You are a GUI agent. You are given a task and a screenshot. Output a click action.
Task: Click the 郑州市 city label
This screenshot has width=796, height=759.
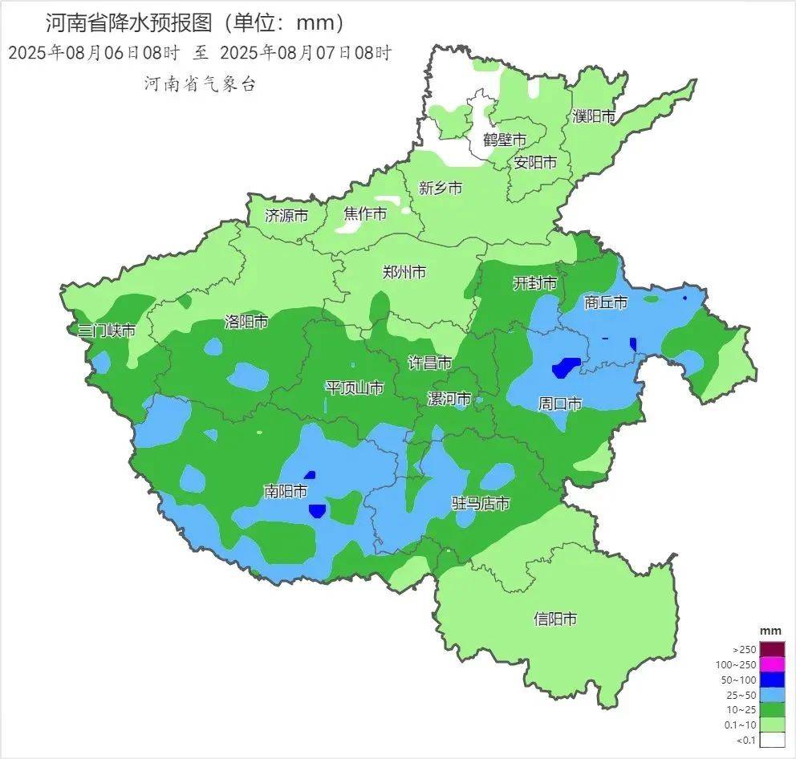[404, 272]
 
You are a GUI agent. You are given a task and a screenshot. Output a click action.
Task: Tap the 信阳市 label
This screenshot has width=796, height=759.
[555, 619]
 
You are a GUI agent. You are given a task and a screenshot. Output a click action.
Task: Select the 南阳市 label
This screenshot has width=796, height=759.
[286, 491]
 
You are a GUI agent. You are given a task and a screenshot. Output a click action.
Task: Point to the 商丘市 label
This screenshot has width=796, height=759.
[606, 302]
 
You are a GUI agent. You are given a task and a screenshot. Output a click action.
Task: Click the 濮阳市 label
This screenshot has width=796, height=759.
[594, 116]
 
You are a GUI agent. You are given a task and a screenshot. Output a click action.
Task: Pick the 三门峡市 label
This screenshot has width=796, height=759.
[106, 331]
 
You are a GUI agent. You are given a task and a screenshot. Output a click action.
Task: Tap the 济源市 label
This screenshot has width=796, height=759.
[286, 216]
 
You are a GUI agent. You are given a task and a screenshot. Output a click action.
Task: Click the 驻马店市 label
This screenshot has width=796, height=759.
[481, 504]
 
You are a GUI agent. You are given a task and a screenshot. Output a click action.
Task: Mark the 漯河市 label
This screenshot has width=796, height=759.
[449, 399]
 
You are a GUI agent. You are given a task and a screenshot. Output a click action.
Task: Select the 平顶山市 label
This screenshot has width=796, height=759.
[354, 388]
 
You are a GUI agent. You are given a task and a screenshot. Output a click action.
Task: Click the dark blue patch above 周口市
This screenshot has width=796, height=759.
[566, 367]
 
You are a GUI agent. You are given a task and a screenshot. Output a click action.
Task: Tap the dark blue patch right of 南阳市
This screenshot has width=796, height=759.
[317, 510]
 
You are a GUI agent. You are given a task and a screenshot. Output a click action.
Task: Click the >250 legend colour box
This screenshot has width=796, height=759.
[772, 649]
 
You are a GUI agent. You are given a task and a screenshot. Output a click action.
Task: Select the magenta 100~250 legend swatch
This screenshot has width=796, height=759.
[772, 664]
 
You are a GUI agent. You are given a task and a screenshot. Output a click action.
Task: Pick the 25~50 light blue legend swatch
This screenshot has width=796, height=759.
[772, 695]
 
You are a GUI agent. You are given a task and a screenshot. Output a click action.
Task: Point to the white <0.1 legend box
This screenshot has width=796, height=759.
[772, 740]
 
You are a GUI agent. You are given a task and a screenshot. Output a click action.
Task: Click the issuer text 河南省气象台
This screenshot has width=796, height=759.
[200, 83]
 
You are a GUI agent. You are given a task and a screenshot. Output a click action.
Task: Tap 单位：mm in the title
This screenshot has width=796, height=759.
[284, 22]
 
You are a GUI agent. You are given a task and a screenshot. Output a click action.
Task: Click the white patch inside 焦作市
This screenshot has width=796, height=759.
[350, 225]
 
